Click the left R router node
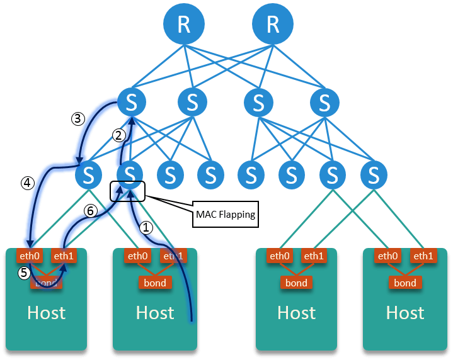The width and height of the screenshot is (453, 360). [x=184, y=25]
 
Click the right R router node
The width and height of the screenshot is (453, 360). [x=273, y=25]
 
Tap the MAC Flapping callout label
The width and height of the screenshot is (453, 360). [x=225, y=214]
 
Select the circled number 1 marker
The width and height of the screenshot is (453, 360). [x=146, y=228]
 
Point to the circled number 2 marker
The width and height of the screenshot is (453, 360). [x=119, y=135]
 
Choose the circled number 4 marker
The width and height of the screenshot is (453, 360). [x=27, y=183]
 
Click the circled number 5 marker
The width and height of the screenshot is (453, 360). [x=24, y=273]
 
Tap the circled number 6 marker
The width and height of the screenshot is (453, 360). [x=91, y=211]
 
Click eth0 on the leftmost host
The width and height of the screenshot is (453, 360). [x=29, y=256]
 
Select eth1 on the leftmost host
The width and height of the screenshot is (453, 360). [x=64, y=256]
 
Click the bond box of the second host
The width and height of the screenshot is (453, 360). [x=155, y=283]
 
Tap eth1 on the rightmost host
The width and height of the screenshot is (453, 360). [x=423, y=256]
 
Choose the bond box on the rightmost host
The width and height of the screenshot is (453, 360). [x=405, y=283]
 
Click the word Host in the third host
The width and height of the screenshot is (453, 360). [x=297, y=312]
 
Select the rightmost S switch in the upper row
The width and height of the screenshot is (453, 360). [x=324, y=101]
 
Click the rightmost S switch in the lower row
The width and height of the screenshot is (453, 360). [x=374, y=173]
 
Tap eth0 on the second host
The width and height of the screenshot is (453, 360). [x=138, y=256]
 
